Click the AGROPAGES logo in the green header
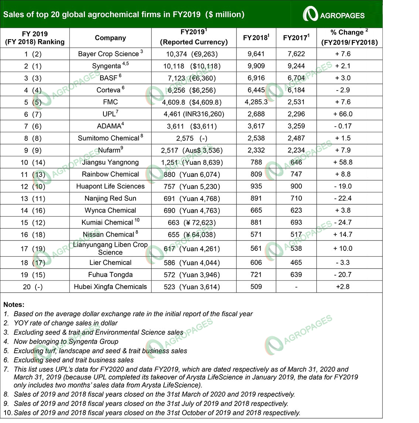point(334,14)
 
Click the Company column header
point(110,38)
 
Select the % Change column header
point(349,37)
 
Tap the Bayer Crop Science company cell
point(110,54)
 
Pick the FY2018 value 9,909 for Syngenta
point(256,66)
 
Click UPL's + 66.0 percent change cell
point(343,114)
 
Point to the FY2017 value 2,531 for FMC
point(296,102)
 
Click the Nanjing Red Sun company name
point(110,198)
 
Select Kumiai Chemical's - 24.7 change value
point(343,222)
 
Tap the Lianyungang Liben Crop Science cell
point(110,249)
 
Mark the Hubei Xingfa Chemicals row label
point(110,287)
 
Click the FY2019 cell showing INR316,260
point(194,114)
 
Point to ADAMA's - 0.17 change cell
point(343,126)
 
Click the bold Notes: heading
point(14,305)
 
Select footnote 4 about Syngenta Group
point(66,342)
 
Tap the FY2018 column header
point(256,38)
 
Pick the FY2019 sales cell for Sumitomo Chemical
point(194,138)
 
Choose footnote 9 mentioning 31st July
point(151,404)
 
